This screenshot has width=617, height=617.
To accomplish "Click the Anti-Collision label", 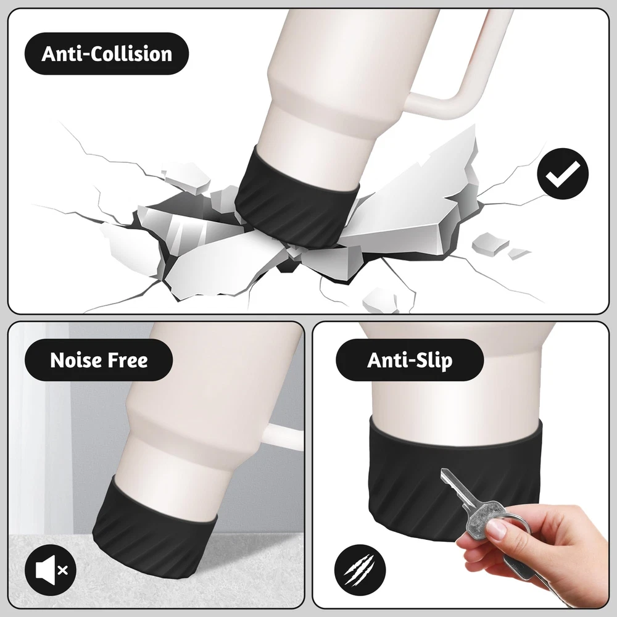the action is click(107, 54).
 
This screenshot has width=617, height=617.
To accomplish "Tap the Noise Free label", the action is click(99, 360).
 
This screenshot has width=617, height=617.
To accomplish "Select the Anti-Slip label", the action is click(410, 360).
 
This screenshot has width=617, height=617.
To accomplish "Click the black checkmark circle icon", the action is click(563, 173).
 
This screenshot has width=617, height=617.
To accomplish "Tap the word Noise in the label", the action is click(73, 360).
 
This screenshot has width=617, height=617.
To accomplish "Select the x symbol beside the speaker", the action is click(62, 569).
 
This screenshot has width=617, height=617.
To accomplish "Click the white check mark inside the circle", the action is click(563, 174).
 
